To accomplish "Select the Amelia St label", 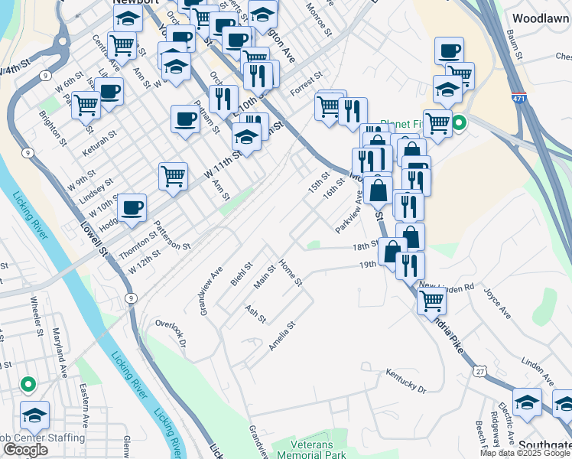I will [x=281, y=337].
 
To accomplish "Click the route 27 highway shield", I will [x=479, y=371].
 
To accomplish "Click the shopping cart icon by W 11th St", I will [x=173, y=176].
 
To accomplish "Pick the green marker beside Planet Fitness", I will [x=459, y=122].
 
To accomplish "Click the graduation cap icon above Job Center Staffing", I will [x=34, y=415].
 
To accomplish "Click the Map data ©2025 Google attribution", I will [x=525, y=453].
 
